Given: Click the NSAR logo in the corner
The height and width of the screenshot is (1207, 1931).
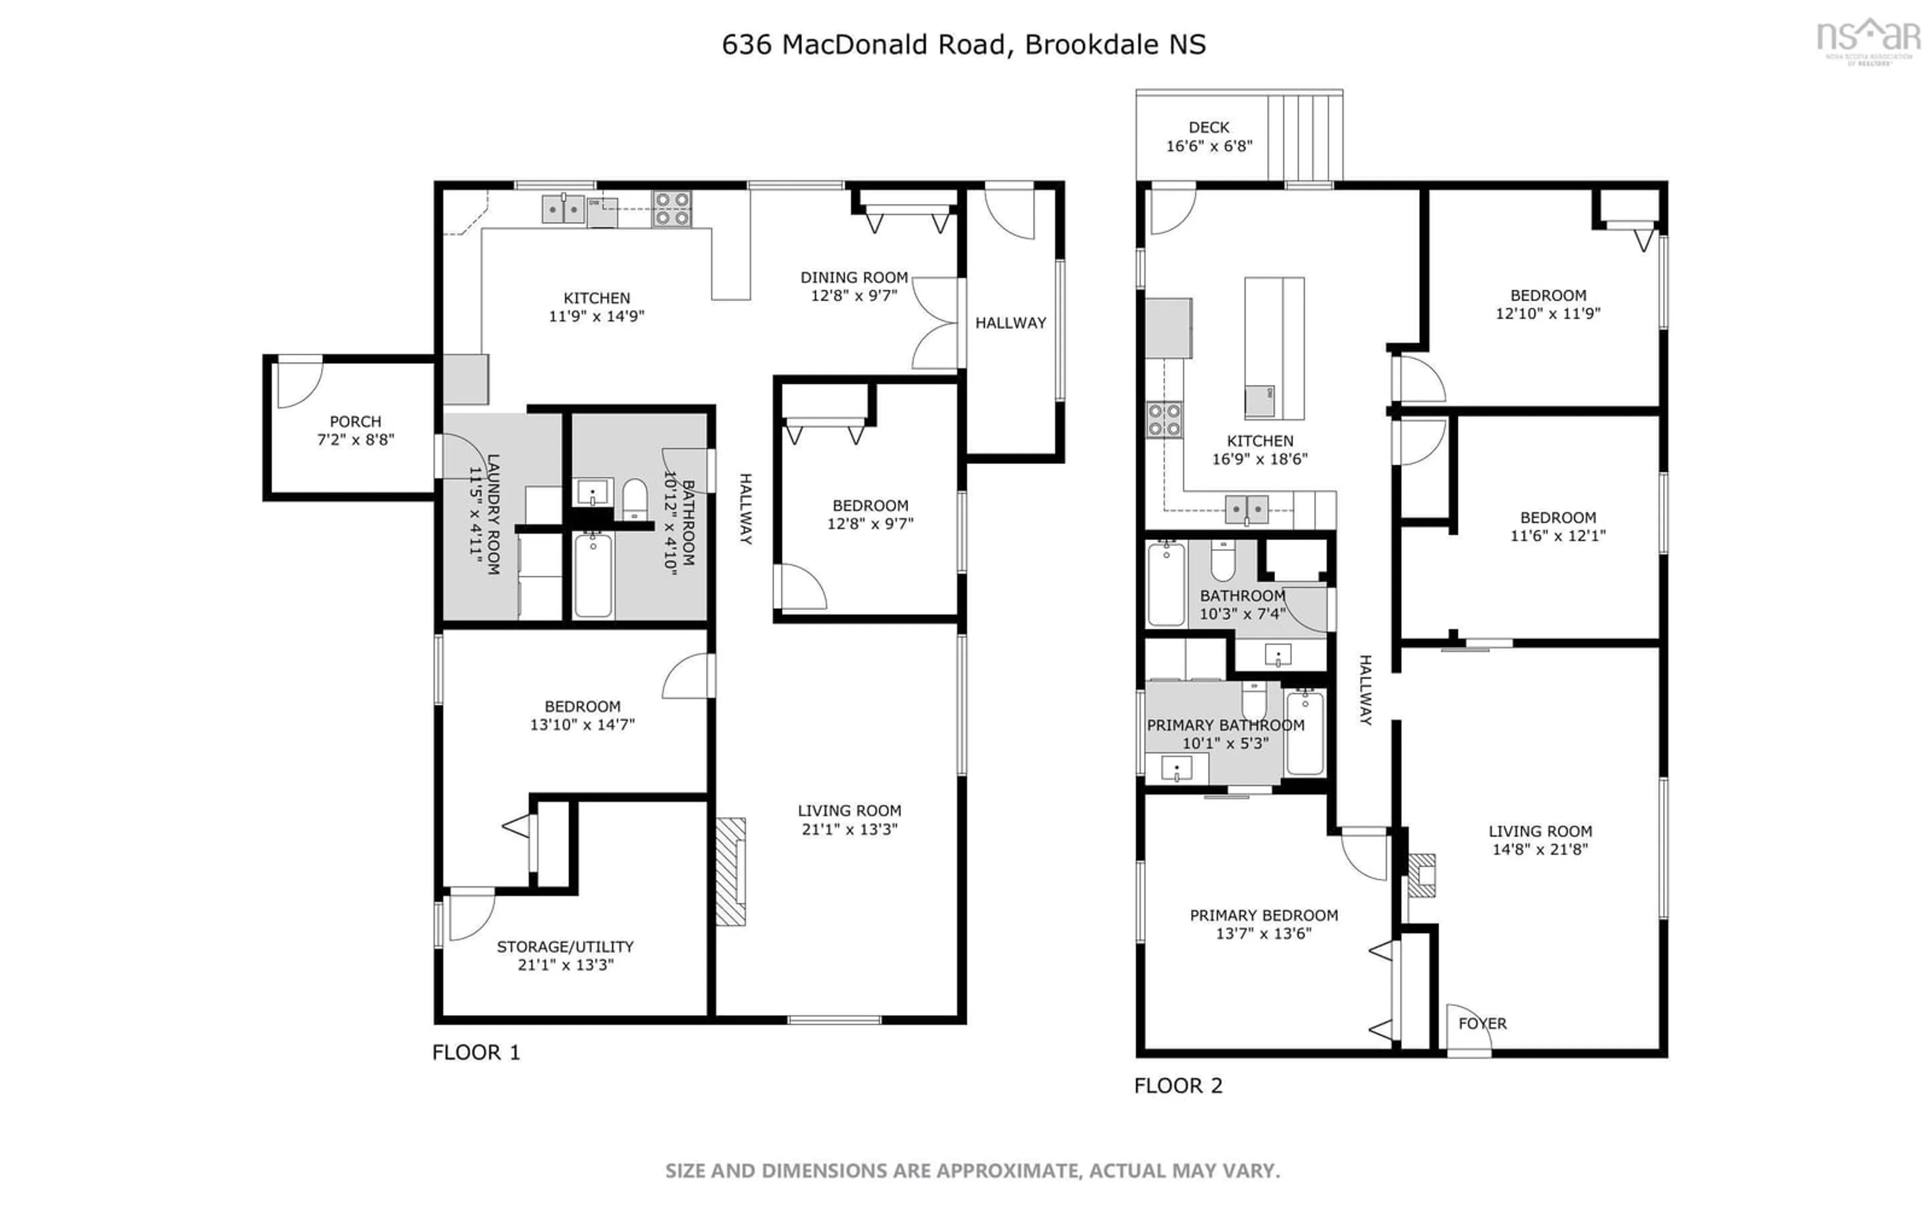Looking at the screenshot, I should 1868,40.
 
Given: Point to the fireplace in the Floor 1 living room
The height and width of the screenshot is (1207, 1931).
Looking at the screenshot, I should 730,872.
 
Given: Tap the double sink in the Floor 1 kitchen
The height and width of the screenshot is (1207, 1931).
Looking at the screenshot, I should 563,209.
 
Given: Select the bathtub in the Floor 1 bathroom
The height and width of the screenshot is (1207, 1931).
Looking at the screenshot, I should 593,575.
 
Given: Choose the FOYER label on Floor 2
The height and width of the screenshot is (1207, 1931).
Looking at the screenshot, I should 1482,1023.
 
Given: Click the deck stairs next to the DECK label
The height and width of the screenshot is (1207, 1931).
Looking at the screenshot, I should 1304,136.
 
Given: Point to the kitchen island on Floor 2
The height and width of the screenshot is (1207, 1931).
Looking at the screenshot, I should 1274,348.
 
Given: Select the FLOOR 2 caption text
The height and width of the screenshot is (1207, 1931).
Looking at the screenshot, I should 1178,1086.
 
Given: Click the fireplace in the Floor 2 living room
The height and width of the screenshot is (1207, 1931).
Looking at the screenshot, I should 1421,875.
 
